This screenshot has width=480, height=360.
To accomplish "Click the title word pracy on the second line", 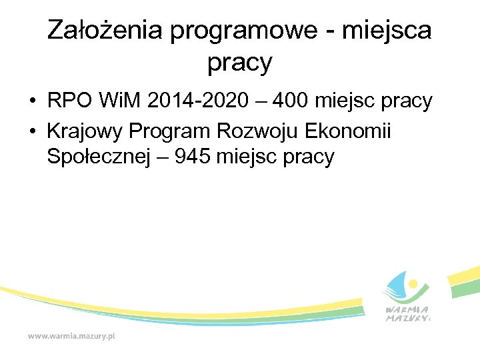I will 240,63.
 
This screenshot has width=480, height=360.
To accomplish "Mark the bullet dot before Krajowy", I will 31,132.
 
